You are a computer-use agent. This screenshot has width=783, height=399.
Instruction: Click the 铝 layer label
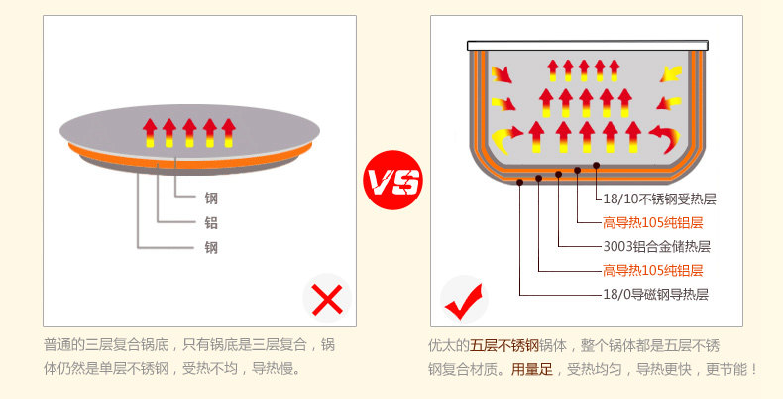211,222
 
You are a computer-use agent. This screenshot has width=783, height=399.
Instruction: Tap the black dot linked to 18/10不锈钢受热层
597,165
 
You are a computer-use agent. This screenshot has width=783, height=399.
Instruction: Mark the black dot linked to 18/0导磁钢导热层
519,178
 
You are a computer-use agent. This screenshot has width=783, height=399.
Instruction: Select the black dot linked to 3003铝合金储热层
559,174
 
